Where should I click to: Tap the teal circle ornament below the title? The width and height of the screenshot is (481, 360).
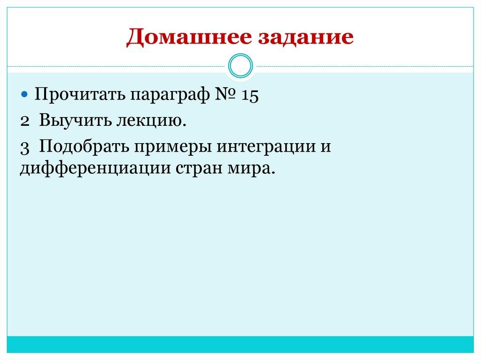point(240,66)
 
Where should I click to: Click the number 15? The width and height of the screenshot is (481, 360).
point(250,95)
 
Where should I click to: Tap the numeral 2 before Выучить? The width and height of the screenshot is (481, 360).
point(25,122)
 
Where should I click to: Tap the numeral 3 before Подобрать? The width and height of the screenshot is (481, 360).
point(25,146)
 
